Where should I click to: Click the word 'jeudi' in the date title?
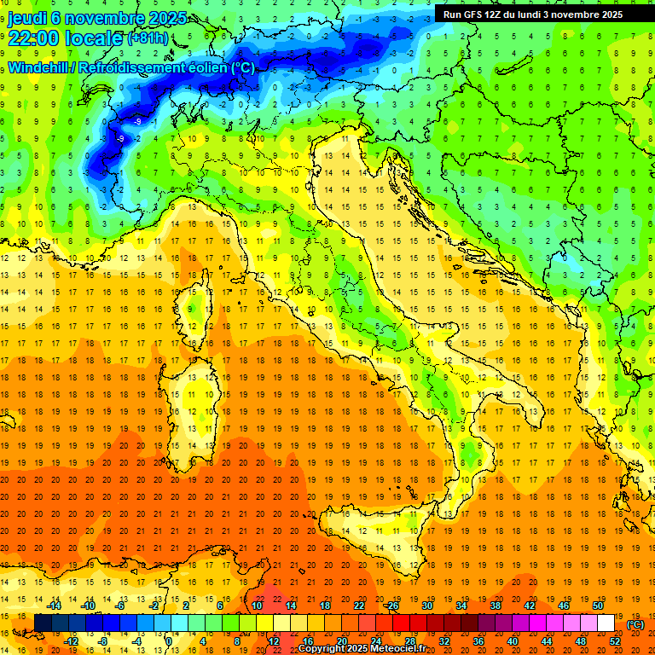coord(27,18)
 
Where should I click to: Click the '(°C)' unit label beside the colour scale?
coord(635,624)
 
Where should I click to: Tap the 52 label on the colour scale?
coord(615,641)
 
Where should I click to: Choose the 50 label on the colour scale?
coord(598,606)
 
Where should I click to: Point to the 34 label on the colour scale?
coord(461,606)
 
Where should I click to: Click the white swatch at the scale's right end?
coord(606,623)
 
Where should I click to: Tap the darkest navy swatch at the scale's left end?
coord(43,623)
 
